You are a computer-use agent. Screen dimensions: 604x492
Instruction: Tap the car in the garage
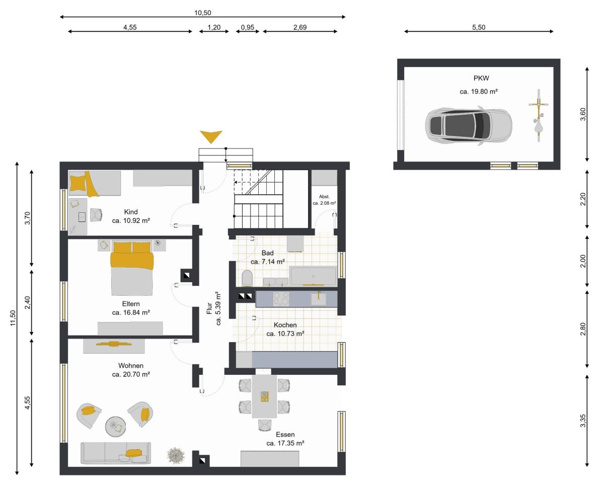point(469,126)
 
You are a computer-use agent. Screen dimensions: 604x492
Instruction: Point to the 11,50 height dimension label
point(13,318)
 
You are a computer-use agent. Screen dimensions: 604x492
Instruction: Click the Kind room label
point(131,212)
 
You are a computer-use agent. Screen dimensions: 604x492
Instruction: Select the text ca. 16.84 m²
point(131,312)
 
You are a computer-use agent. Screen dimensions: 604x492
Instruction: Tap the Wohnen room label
point(131,365)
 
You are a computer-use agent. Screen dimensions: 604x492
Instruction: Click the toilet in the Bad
point(247,278)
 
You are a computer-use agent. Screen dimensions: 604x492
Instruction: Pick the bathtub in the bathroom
point(314,276)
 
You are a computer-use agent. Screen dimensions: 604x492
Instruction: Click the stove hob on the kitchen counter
point(281,299)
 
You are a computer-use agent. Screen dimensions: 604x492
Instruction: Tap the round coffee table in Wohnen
point(116,426)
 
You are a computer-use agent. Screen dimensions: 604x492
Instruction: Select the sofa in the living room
point(116,453)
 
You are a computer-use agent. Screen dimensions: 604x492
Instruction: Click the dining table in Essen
point(264,396)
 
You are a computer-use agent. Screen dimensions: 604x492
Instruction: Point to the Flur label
point(209,308)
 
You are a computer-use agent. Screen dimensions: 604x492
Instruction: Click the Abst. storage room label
point(325,196)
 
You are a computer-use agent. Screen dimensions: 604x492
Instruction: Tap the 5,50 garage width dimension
point(479,27)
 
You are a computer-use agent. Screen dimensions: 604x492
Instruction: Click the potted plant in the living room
point(176,456)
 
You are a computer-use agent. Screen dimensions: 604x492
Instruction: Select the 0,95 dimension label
point(248,27)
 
